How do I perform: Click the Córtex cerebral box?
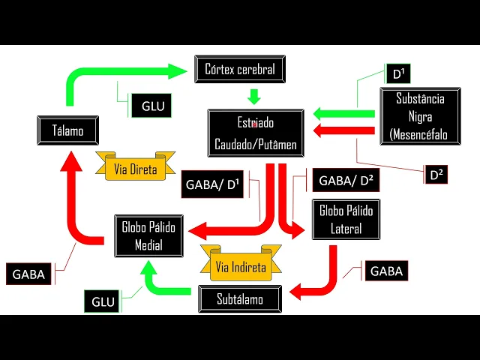(x=239, y=69)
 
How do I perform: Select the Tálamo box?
(x=68, y=130)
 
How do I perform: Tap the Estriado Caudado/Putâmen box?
(x=256, y=133)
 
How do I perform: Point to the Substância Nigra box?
(x=417, y=116)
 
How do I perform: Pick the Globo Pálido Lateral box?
(x=346, y=220)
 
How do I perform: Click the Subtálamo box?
(x=240, y=299)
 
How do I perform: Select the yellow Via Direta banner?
(x=136, y=169)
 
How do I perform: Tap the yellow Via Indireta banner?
(x=240, y=266)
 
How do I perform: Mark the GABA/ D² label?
(x=345, y=180)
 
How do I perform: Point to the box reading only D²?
(x=437, y=175)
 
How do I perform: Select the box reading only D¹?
(x=397, y=73)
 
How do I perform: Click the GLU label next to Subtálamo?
(x=103, y=301)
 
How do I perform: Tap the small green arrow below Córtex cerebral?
(x=253, y=97)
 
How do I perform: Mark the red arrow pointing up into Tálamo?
(x=77, y=202)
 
